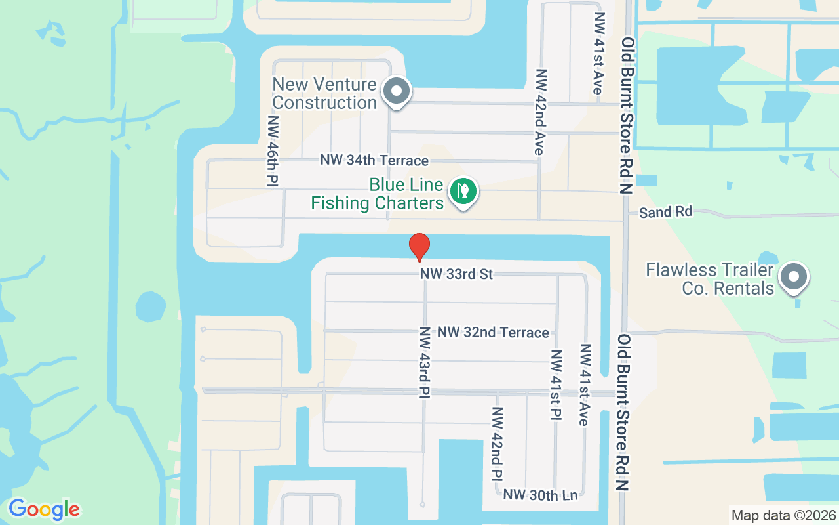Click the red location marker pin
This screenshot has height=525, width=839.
click(x=419, y=247)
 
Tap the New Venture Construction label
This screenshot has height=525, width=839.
click(x=324, y=93)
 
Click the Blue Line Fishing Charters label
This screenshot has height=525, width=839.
click(x=378, y=194)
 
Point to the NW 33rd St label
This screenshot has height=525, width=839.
click(x=456, y=274)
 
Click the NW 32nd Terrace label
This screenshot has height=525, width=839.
click(x=493, y=333)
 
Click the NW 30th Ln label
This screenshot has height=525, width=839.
click(x=541, y=495)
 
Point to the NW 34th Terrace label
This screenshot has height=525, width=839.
click(x=374, y=161)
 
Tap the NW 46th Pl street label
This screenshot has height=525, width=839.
click(x=273, y=152)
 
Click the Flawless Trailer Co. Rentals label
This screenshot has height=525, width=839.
click(x=710, y=279)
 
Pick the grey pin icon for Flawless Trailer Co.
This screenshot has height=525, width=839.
click(x=794, y=277)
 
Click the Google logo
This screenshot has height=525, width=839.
click(x=44, y=509)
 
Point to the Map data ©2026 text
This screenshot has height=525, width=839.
click(x=783, y=515)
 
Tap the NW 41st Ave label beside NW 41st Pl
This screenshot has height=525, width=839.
click(x=585, y=385)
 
